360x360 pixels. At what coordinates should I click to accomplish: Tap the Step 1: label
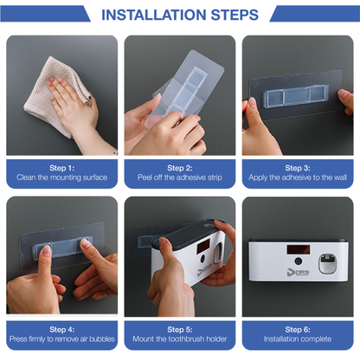[x=61, y=167]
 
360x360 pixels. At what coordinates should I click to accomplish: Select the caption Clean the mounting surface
[x=61, y=177]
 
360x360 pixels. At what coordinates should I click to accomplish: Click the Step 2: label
[x=180, y=167]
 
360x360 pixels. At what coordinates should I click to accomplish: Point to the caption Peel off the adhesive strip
[x=180, y=177]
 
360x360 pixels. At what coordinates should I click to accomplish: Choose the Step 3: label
[x=298, y=167]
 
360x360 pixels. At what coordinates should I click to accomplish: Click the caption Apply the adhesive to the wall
[x=298, y=177]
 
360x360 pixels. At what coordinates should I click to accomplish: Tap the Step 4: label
[x=61, y=329]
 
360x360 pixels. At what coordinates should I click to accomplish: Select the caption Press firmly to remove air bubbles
[x=61, y=339]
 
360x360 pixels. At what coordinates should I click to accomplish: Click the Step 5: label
[x=180, y=329]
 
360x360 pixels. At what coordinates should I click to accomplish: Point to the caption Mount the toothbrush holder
[x=180, y=339]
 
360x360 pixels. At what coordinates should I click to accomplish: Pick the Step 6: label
[x=298, y=329]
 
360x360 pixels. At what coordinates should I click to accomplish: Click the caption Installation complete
[x=298, y=339]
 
